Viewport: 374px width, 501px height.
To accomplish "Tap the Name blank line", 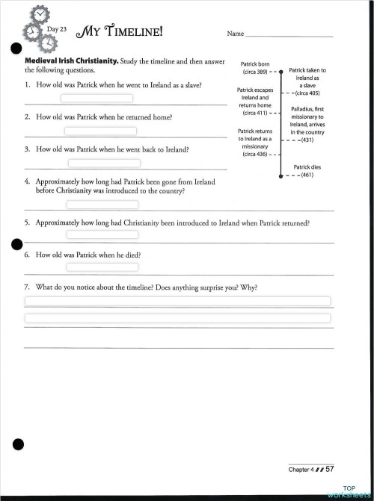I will coord(289,34).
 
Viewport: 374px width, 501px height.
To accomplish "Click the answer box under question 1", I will coord(96,98).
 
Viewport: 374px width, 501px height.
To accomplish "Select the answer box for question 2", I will coord(100,131).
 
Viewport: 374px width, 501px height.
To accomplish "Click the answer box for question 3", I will coord(104,163).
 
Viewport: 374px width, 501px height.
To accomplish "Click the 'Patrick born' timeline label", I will coord(255,64).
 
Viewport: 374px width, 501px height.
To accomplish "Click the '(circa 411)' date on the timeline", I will coord(255,113).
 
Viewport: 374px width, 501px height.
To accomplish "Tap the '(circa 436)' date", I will coord(255,155).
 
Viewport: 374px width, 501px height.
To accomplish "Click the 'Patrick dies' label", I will coord(307,167).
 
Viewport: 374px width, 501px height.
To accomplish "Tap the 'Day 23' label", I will coord(57,29).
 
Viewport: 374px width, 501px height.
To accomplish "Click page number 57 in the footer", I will coord(329,468).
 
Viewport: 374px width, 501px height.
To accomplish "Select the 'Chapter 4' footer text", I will coord(301,469).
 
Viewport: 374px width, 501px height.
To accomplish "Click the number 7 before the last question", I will coord(26,287).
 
